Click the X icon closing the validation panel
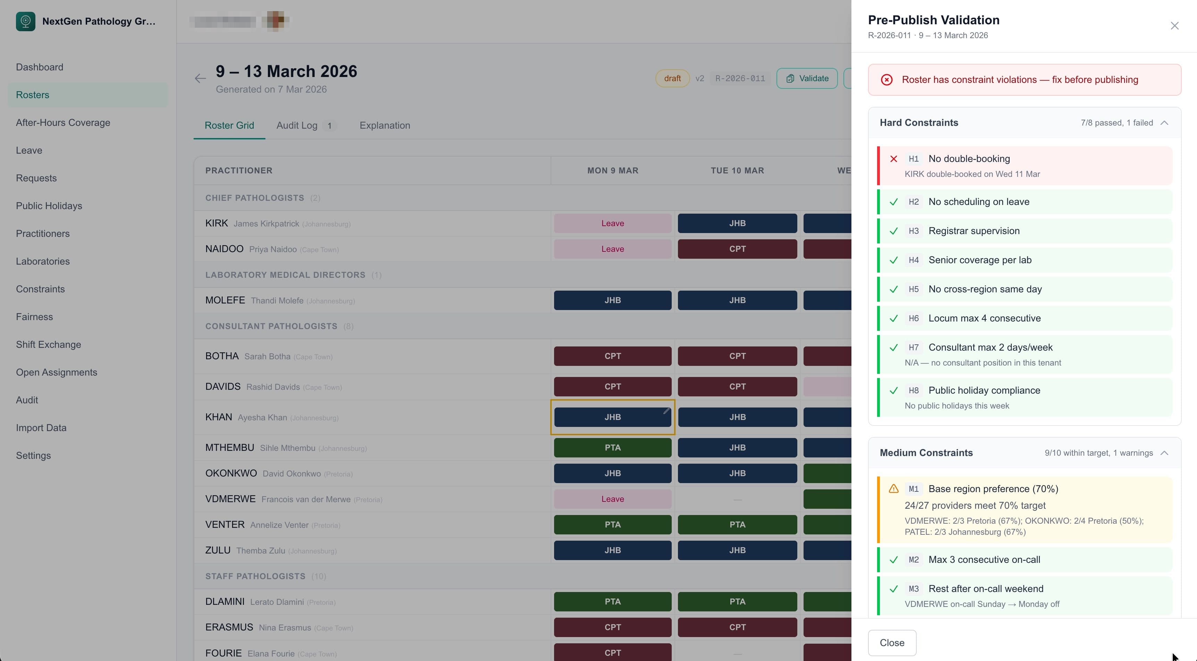[1174, 26]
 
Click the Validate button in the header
[807, 78]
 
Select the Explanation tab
[384, 126]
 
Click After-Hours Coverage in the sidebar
[63, 123]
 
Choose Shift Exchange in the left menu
[48, 345]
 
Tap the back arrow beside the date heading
[200, 78]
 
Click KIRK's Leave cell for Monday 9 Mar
[612, 223]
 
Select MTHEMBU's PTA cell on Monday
[612, 448]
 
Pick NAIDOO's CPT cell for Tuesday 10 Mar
[737, 249]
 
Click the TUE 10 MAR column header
[737, 171]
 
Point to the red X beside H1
[893, 159]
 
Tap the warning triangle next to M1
[893, 489]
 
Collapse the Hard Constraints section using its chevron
[1164, 123]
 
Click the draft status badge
[672, 78]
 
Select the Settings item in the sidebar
[33, 456]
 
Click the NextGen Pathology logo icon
[26, 22]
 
